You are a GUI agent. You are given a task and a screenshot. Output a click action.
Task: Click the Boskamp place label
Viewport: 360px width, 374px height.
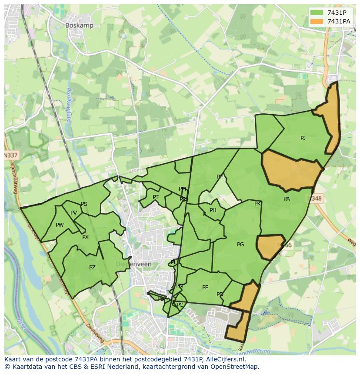point(79,25)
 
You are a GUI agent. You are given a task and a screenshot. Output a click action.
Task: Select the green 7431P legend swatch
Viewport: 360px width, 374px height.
point(316,12)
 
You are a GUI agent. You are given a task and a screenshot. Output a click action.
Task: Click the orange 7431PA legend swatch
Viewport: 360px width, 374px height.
point(316,21)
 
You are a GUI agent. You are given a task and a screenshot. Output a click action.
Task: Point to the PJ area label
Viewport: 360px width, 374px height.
point(303,138)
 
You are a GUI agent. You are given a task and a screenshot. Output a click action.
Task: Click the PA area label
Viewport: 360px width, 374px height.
point(287,199)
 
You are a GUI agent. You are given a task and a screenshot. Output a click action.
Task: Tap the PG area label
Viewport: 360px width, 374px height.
point(240,245)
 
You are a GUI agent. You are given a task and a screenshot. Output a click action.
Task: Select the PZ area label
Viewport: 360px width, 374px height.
point(92,268)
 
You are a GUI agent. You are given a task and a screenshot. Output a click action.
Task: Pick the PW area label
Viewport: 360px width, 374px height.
point(60,225)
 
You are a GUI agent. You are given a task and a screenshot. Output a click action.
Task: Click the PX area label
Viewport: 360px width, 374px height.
point(85,237)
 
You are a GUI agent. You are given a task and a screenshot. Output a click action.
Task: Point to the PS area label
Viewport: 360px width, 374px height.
point(84,204)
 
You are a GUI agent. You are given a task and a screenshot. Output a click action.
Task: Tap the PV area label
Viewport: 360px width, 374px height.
point(73,213)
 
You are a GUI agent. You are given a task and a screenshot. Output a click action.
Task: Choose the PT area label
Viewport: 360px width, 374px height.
point(156,197)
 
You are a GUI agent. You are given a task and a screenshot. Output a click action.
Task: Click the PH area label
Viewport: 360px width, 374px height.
point(213,210)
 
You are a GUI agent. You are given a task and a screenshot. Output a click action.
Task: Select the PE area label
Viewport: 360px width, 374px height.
point(205,288)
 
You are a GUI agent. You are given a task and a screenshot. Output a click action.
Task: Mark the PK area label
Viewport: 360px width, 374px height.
point(257,204)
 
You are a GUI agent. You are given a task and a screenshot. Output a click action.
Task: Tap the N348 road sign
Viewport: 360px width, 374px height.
point(317,199)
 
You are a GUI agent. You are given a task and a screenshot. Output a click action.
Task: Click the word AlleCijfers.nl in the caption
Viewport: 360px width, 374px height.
point(224,359)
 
